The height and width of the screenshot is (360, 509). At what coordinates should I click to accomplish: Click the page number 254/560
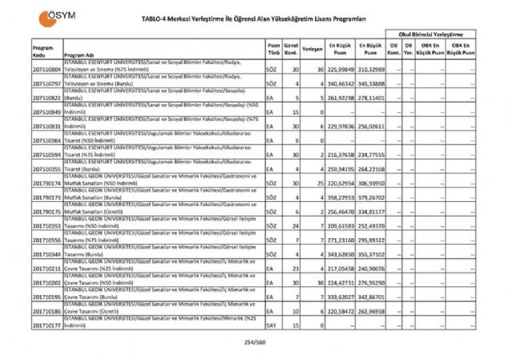pos(254,342)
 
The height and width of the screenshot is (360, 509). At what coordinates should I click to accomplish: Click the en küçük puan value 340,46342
pos(341,83)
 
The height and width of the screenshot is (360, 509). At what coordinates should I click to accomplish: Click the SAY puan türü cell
pos(273,326)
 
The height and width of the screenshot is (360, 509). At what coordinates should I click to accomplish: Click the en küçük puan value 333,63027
pos(341,297)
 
